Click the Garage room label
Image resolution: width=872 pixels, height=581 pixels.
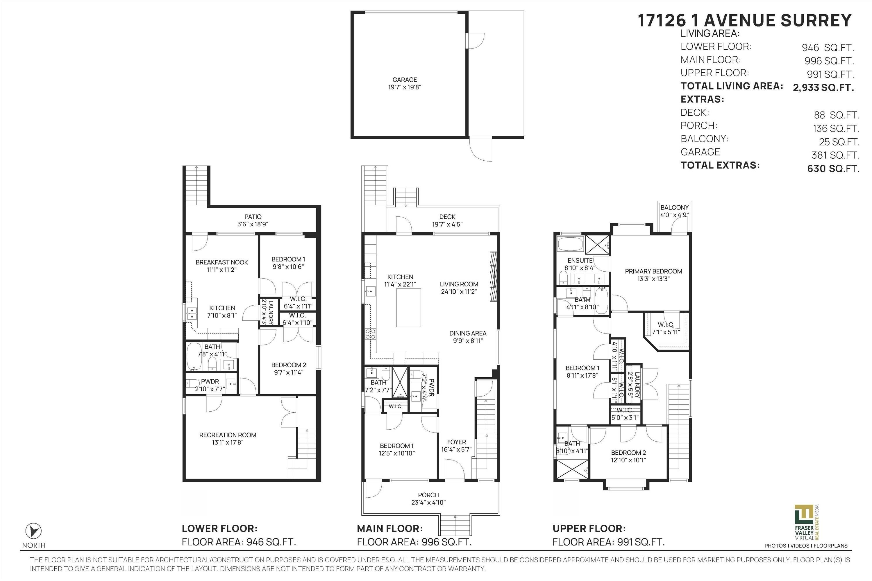click(405, 80)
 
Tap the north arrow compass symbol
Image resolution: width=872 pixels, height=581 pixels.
click(33, 531)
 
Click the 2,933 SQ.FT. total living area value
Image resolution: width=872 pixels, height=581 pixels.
click(823, 88)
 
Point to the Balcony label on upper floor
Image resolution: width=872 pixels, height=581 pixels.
click(674, 207)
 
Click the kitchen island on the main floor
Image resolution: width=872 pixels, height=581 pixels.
click(409, 308)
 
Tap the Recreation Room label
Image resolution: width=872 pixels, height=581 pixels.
click(228, 435)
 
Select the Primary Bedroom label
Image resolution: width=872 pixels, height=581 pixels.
click(653, 271)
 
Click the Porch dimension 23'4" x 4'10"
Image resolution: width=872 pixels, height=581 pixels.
click(428, 503)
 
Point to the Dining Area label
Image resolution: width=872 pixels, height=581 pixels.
click(467, 333)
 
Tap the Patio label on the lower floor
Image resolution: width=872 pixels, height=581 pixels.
click(253, 217)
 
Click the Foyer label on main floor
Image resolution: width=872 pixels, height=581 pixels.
click(456, 442)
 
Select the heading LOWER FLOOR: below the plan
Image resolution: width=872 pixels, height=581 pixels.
click(219, 528)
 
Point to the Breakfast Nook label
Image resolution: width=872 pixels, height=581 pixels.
click(222, 262)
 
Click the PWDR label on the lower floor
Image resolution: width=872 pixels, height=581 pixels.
click(210, 381)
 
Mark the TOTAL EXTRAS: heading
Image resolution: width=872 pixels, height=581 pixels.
click(720, 165)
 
